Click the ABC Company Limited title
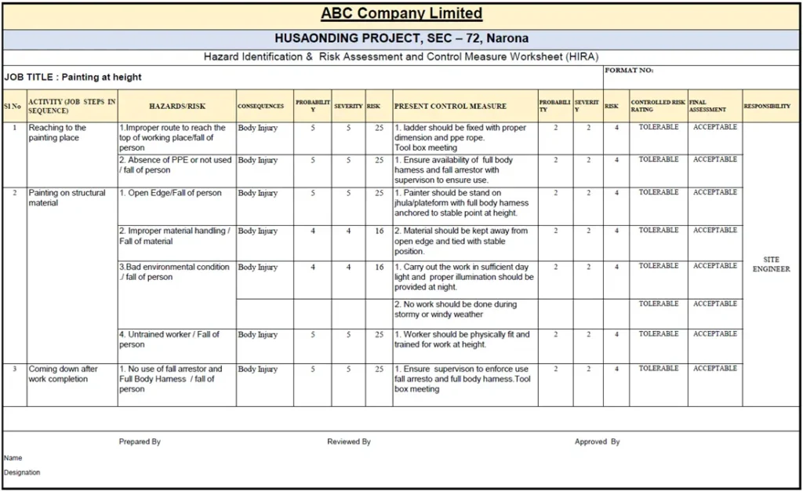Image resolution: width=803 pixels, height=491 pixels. (x=401, y=14)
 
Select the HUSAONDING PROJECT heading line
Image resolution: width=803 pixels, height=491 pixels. (x=401, y=38)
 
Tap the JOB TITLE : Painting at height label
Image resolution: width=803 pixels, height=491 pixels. (x=73, y=77)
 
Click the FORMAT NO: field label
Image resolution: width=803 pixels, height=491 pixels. (x=629, y=71)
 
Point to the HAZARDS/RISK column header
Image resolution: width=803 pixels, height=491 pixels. (x=176, y=106)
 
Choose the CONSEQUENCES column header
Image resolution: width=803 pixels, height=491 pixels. (x=261, y=106)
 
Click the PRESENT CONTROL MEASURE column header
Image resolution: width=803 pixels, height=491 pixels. (x=450, y=106)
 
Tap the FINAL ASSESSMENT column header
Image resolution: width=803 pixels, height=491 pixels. (x=707, y=106)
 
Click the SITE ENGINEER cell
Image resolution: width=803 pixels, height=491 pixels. (x=771, y=264)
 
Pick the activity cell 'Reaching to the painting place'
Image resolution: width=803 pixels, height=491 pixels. (x=58, y=133)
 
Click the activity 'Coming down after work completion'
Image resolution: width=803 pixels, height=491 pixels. (x=64, y=374)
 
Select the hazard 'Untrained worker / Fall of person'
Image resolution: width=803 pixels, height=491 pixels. (x=169, y=340)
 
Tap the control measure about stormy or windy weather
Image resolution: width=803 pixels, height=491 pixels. (x=456, y=309)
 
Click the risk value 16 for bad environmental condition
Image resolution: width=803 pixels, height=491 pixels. (x=379, y=267)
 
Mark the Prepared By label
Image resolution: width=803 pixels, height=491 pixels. (x=140, y=442)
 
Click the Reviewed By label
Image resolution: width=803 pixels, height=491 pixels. (x=349, y=442)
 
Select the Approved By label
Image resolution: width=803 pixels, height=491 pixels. (x=597, y=442)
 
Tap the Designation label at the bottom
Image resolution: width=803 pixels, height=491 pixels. (x=22, y=472)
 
